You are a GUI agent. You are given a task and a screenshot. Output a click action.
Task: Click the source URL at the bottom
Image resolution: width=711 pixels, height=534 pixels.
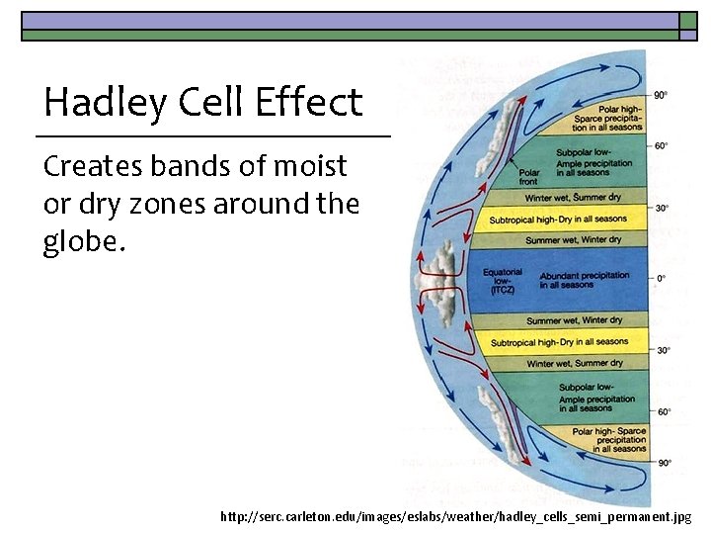(x=456, y=516)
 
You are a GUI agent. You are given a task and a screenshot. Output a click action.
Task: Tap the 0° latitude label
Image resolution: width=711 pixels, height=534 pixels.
(x=661, y=279)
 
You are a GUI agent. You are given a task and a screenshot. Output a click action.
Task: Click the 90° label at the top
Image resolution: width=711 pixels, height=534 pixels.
(x=661, y=95)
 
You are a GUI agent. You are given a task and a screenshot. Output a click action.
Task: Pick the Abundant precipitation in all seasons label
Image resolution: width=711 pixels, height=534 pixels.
(x=584, y=280)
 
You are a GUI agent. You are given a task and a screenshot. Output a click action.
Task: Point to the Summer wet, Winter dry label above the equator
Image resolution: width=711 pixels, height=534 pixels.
(x=573, y=240)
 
